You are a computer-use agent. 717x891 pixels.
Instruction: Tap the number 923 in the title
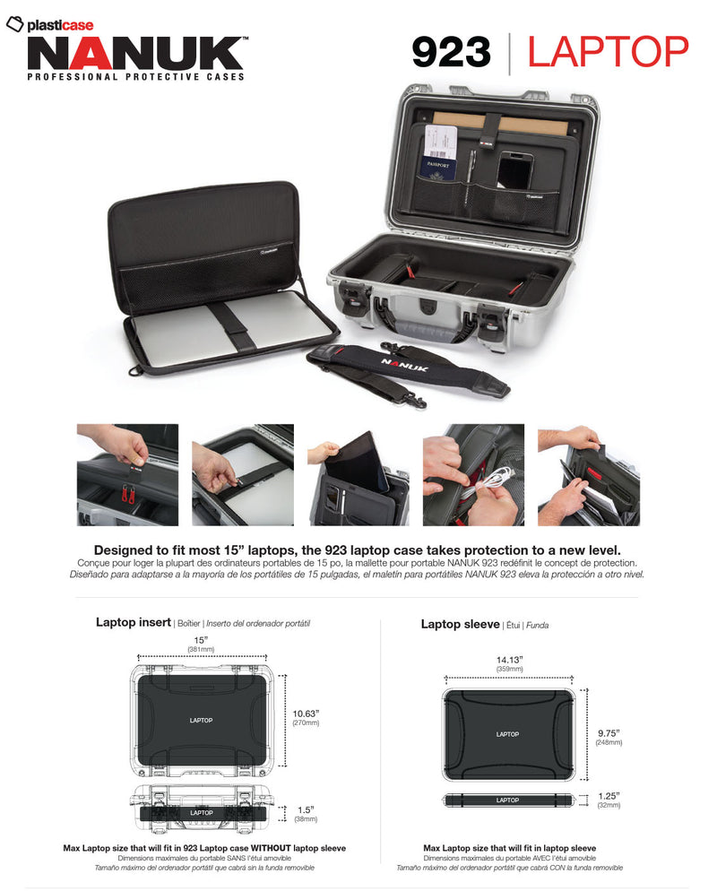(x=451, y=52)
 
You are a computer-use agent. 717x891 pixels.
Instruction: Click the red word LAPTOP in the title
(x=608, y=52)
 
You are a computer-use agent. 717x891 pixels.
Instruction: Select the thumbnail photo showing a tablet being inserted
(x=358, y=474)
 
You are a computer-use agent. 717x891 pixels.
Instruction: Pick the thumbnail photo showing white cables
(x=472, y=474)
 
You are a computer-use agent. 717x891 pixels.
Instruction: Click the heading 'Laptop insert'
(x=134, y=622)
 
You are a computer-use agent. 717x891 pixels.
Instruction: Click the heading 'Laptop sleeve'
(x=460, y=624)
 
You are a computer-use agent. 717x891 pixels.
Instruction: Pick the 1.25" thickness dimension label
(x=609, y=795)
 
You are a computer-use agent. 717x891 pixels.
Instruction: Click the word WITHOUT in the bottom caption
(x=264, y=848)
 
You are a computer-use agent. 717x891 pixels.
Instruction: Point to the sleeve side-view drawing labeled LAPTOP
(x=507, y=800)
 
